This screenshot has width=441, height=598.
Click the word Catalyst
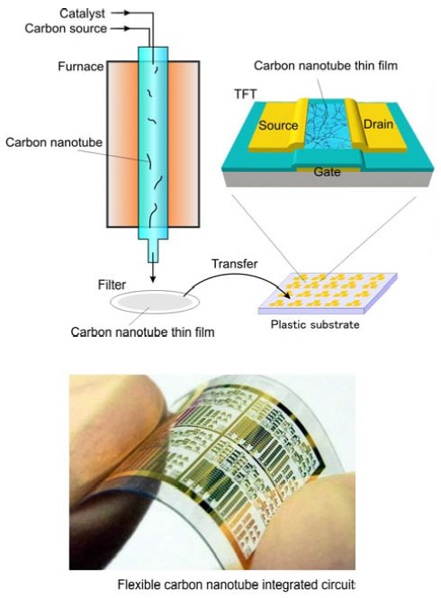click(x=82, y=14)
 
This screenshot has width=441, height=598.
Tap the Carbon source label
click(x=66, y=29)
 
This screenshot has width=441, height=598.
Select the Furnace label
click(x=81, y=67)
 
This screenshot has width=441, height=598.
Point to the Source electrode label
click(x=278, y=125)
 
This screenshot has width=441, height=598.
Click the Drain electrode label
click(x=378, y=124)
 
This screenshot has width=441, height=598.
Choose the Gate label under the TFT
click(x=327, y=172)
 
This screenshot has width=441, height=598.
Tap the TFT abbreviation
click(x=246, y=94)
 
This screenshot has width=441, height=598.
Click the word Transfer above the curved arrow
click(x=234, y=264)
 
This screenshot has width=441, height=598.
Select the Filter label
click(x=112, y=285)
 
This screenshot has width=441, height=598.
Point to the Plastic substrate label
click(x=315, y=324)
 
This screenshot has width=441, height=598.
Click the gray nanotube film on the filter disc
click(x=155, y=302)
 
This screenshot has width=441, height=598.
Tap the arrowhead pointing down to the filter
click(x=153, y=279)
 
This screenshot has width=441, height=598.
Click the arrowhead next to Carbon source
click(x=127, y=29)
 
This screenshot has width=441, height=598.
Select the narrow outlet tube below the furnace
click(x=153, y=250)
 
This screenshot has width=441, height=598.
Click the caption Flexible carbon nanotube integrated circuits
click(x=237, y=584)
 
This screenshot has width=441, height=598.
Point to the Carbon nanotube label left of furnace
click(x=54, y=142)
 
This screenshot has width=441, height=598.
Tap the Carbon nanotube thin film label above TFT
click(x=326, y=66)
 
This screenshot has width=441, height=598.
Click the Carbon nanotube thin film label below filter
click(x=142, y=331)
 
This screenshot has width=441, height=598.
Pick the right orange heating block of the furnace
click(x=183, y=144)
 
